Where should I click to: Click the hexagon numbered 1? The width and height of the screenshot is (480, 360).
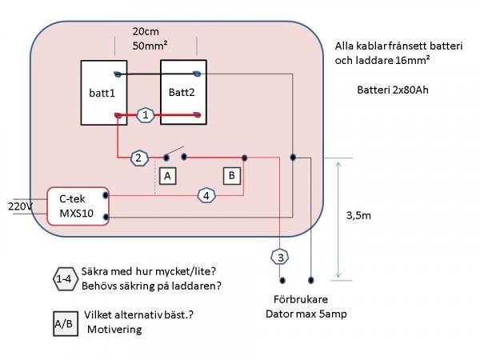[145, 115]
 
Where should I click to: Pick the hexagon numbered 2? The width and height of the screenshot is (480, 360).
[138, 157]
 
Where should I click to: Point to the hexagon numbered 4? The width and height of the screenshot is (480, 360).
[206, 194]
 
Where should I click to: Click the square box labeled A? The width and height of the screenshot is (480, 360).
[166, 175]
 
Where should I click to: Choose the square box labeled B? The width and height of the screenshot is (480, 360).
[231, 175]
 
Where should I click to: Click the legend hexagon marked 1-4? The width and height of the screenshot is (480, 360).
[65, 278]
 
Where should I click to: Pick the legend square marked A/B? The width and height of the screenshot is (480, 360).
[61, 323]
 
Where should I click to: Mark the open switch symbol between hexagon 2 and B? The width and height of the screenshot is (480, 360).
[174, 154]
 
